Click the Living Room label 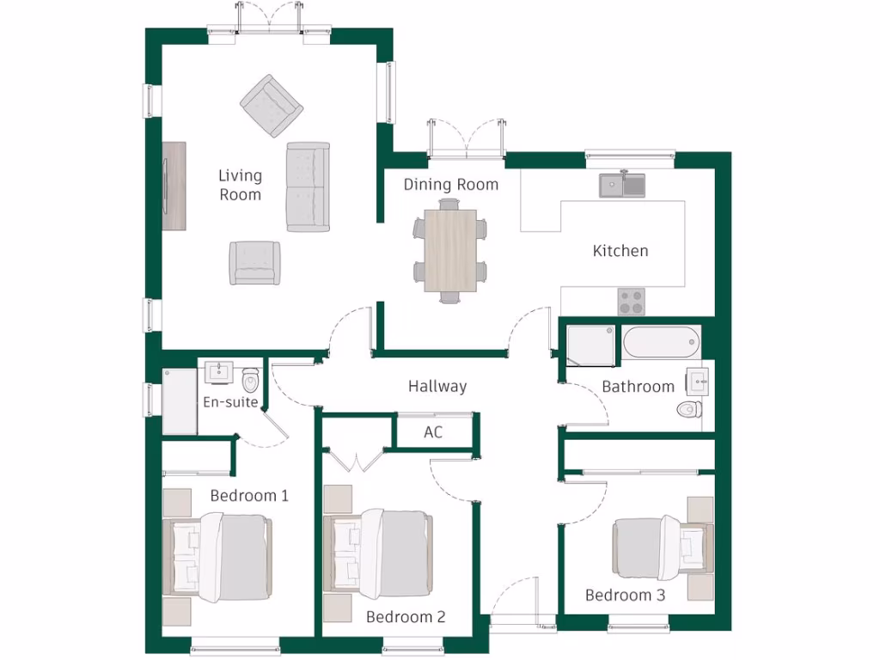[x=240, y=185]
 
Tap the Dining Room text [x=450, y=185]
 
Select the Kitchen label [x=620, y=251]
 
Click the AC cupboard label [x=433, y=432]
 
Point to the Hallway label [x=437, y=387]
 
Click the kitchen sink [x=622, y=183]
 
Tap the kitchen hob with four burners [x=632, y=301]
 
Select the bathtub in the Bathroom [x=661, y=344]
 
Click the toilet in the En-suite [x=251, y=379]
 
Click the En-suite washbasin [x=219, y=372]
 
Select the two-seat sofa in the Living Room [x=308, y=186]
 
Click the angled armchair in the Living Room [x=271, y=105]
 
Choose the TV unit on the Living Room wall [x=174, y=185]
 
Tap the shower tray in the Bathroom [x=590, y=345]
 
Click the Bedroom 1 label [x=249, y=496]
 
